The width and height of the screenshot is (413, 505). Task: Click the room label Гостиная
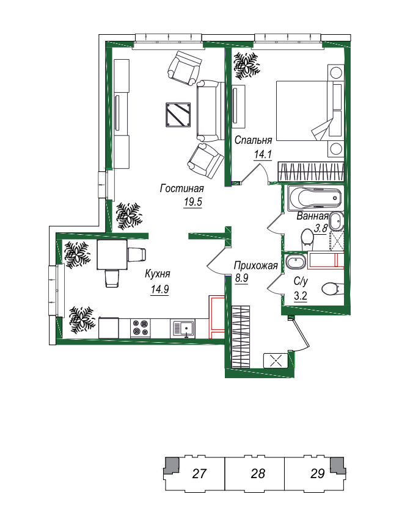click(x=182, y=188)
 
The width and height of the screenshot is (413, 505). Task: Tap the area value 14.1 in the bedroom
click(x=263, y=154)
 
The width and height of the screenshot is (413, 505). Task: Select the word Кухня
click(x=158, y=274)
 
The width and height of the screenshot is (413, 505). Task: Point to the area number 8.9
click(x=242, y=278)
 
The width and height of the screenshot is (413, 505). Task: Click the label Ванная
click(x=312, y=216)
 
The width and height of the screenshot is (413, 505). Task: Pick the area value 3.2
click(x=301, y=296)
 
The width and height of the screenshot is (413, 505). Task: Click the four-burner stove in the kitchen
click(x=141, y=328)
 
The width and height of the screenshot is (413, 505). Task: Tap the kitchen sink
click(x=182, y=329)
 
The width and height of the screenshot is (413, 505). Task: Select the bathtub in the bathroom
click(x=315, y=198)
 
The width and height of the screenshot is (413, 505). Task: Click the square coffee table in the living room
click(x=178, y=115)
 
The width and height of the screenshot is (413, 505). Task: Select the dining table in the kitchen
click(x=112, y=255)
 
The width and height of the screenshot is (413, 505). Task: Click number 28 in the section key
click(x=258, y=473)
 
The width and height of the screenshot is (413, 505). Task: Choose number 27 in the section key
click(x=199, y=473)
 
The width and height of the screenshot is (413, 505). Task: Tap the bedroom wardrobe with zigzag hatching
click(x=311, y=171)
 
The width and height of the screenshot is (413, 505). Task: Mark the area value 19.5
click(x=193, y=202)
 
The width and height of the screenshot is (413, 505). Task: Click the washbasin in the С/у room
click(x=296, y=261)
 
